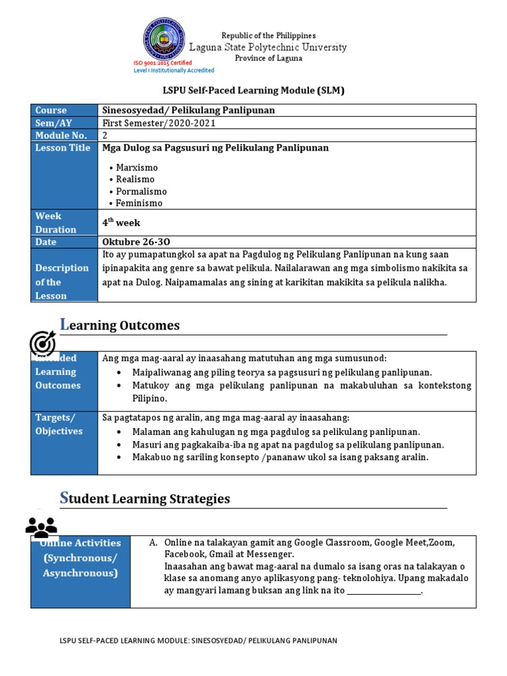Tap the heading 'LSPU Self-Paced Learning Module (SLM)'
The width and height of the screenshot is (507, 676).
point(254,90)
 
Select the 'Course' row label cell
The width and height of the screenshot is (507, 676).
point(64,110)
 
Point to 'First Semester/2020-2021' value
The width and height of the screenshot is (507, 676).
point(158,123)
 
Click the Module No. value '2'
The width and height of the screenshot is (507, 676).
point(105,135)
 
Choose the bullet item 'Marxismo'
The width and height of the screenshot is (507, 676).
point(137,168)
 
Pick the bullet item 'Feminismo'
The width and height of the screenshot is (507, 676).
point(139,203)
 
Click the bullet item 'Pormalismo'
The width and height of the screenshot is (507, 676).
point(141,191)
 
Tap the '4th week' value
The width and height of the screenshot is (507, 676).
point(121,222)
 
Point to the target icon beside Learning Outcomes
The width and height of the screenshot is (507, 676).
point(43,343)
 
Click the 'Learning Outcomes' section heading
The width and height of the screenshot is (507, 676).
point(119,325)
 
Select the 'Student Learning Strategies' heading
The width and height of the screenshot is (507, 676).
point(145,498)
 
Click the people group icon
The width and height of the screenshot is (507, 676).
point(41,527)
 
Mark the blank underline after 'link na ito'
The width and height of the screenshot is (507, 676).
point(384,592)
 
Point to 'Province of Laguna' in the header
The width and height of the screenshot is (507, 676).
point(269,58)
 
